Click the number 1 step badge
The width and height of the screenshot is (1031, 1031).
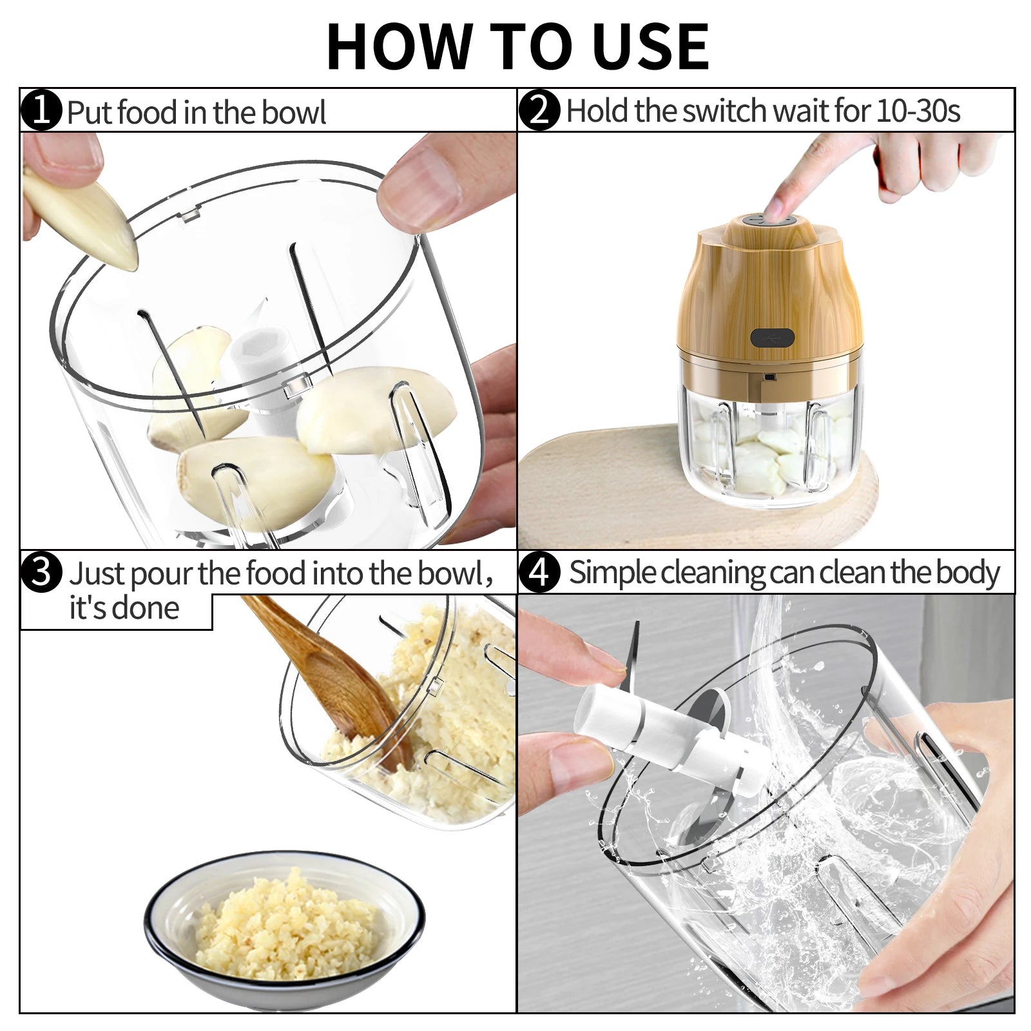tap(41, 110)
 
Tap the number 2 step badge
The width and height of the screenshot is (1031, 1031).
tap(539, 110)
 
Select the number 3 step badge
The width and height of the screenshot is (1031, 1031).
tap(41, 571)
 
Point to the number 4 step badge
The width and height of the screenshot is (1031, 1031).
tap(539, 572)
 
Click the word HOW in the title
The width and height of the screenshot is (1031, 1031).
tap(399, 46)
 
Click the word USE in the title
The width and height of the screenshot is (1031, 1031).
tap(651, 46)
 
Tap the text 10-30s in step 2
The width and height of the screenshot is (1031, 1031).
tap(918, 111)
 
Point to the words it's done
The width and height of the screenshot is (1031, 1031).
tap(124, 608)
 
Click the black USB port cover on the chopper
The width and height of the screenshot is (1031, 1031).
tap(772, 337)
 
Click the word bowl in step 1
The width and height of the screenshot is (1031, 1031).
tap(294, 112)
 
